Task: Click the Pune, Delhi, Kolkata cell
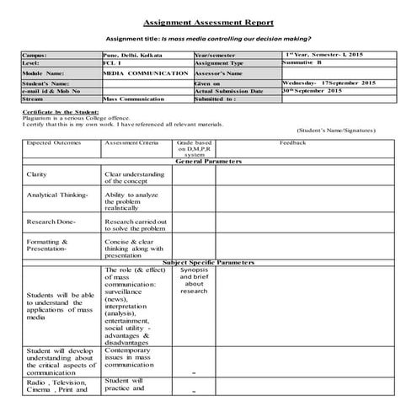127,54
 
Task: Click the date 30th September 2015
319,90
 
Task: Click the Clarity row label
37,174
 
